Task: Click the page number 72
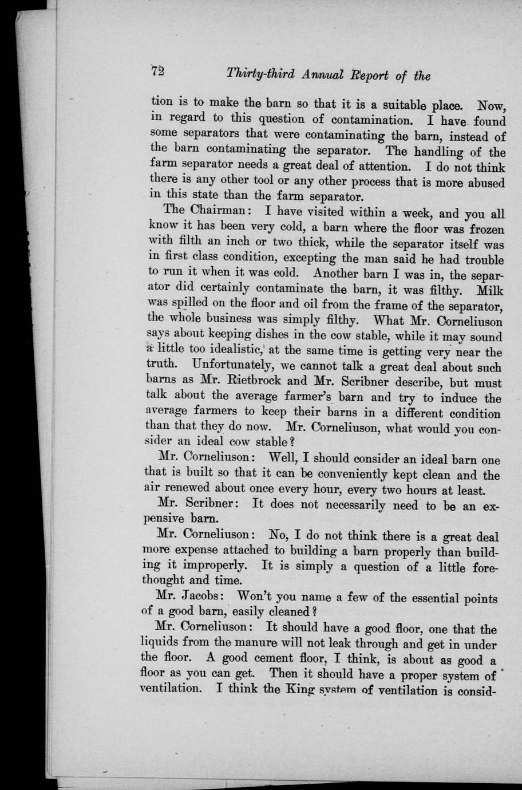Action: pos(157,72)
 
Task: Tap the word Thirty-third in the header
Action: pos(260,74)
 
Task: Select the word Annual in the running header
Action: pos(323,74)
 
